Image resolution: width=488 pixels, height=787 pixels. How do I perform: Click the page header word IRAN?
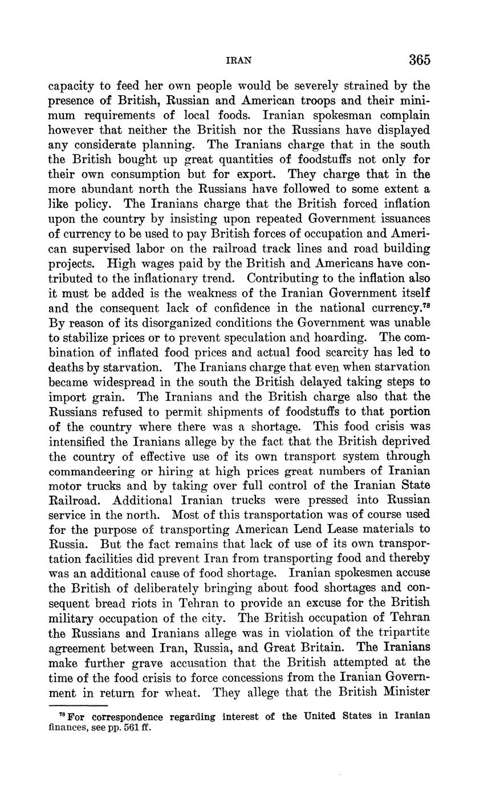239,60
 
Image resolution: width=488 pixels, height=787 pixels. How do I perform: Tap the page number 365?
419,60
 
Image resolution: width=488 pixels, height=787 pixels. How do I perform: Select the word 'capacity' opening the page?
70,86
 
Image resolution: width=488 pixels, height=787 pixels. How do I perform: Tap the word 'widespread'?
138,381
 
